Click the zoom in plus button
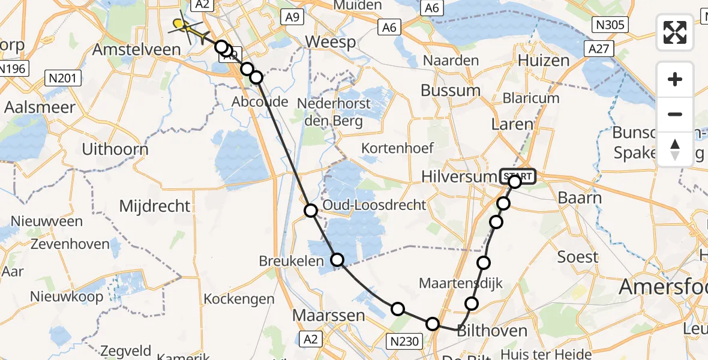pyautogui.click(x=675, y=79)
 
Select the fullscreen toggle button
pyautogui.click(x=675, y=32)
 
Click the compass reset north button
pyautogui.click(x=675, y=149)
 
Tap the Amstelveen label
pyautogui.click(x=136, y=49)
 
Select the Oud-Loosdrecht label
pyautogui.click(x=374, y=205)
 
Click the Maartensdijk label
pyautogui.click(x=461, y=283)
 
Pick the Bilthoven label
pyautogui.click(x=484, y=331)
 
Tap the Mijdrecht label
pyautogui.click(x=155, y=206)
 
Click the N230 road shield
pyautogui.click(x=404, y=341)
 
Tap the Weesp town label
pyautogui.click(x=330, y=43)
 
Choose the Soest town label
pyautogui.click(x=578, y=257)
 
